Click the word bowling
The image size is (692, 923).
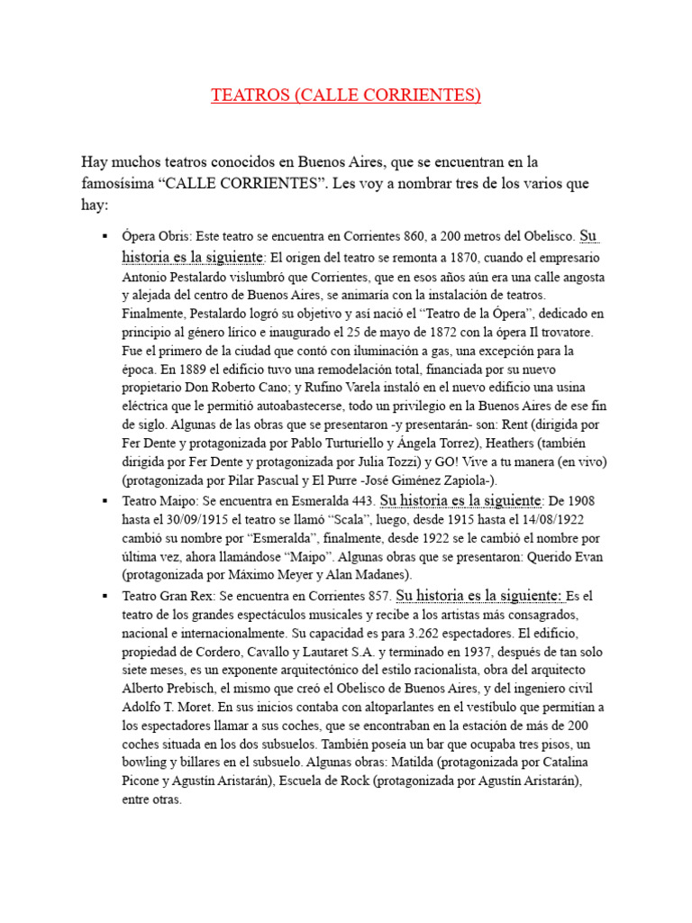click(146, 763)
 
